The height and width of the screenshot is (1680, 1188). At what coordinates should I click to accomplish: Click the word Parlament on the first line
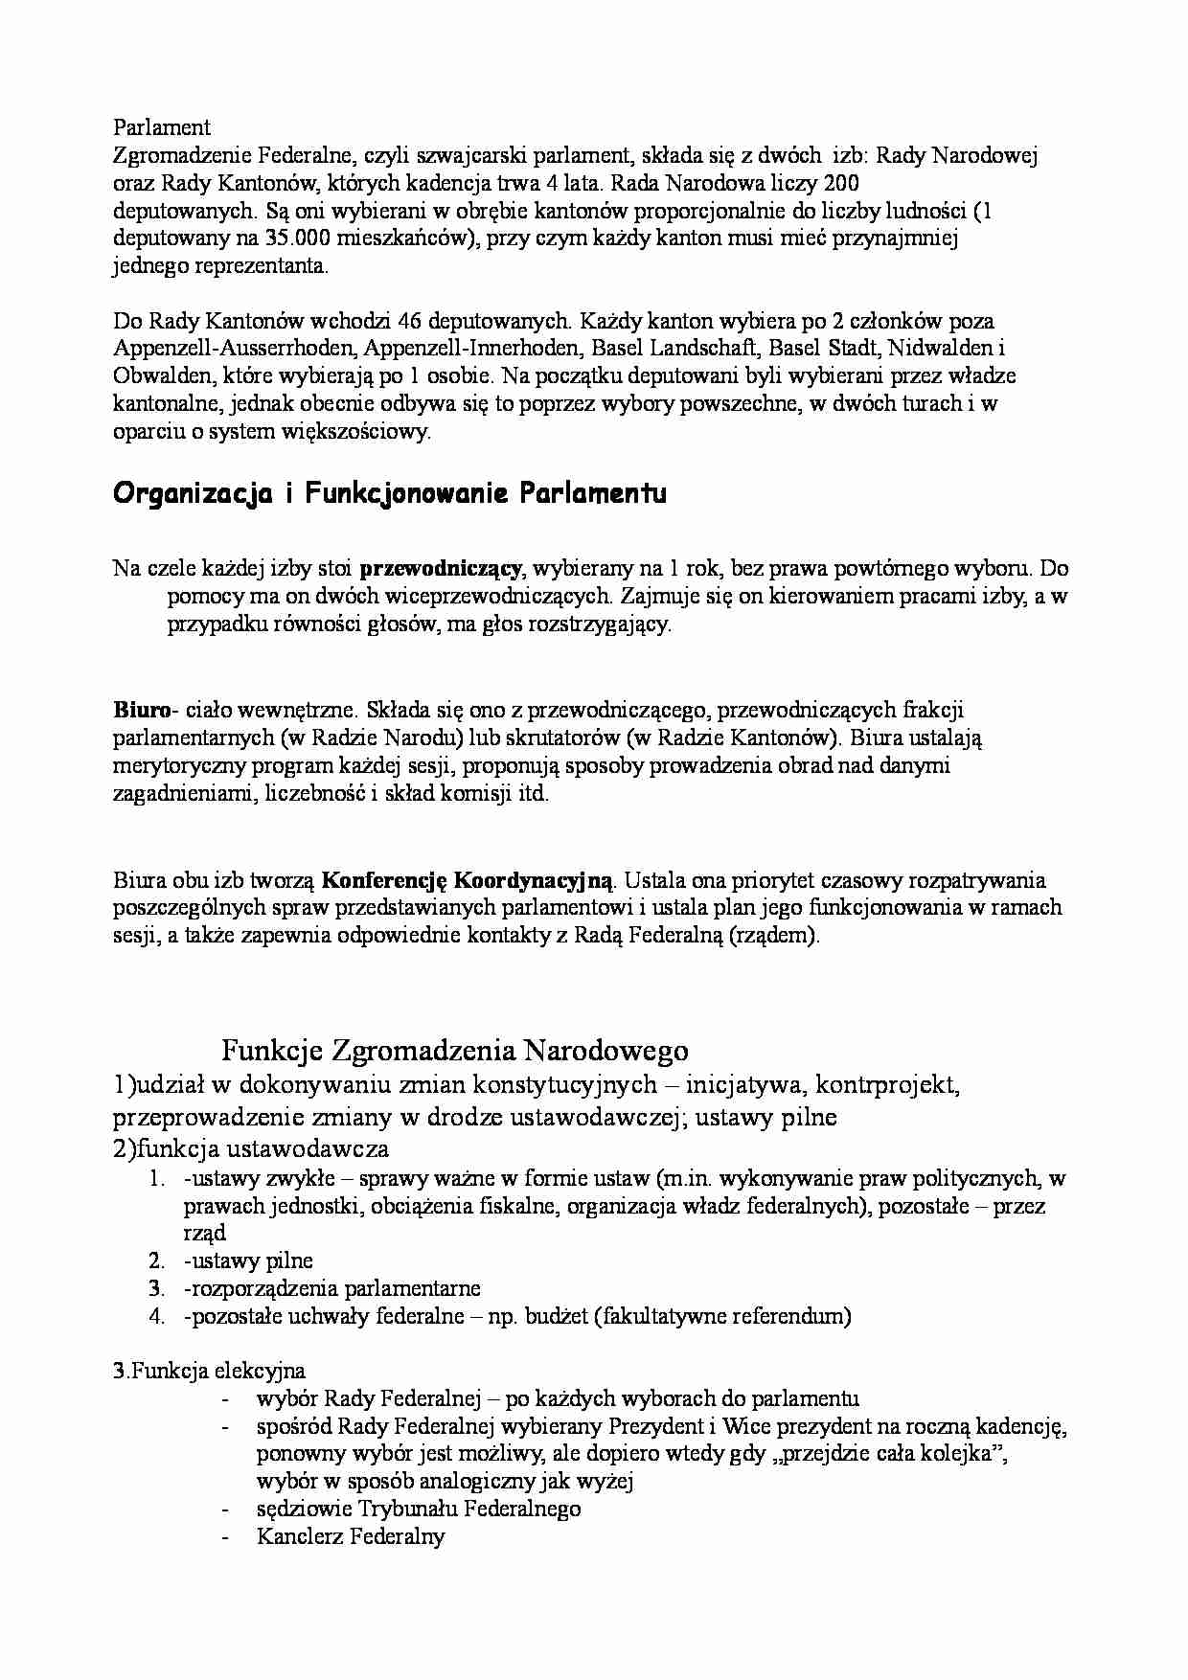click(x=162, y=127)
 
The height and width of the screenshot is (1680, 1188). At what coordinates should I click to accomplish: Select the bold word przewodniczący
click(x=441, y=569)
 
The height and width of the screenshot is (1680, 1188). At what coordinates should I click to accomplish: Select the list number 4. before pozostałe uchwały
click(x=158, y=1316)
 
